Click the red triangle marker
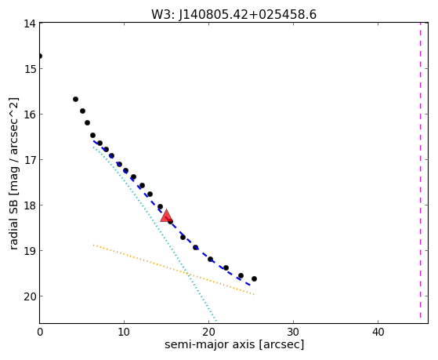click(x=166, y=216)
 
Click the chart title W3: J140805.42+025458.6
click(x=233, y=15)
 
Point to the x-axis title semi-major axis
click(x=234, y=344)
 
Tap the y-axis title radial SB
click(x=13, y=173)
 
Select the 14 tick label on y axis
click(x=30, y=24)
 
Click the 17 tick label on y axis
click(x=30, y=160)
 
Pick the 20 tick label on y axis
click(x=30, y=296)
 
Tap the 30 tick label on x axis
click(x=293, y=332)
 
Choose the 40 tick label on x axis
click(x=378, y=332)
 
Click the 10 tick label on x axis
click(x=124, y=332)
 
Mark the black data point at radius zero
click(x=40, y=56)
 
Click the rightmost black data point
click(x=254, y=278)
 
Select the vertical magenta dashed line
click(x=421, y=170)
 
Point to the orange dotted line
click(x=174, y=270)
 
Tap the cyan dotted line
click(x=155, y=234)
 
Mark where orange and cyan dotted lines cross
click(x=187, y=274)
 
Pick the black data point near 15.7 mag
click(x=75, y=99)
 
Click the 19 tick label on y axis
click(x=30, y=251)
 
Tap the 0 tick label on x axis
click(x=40, y=332)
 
